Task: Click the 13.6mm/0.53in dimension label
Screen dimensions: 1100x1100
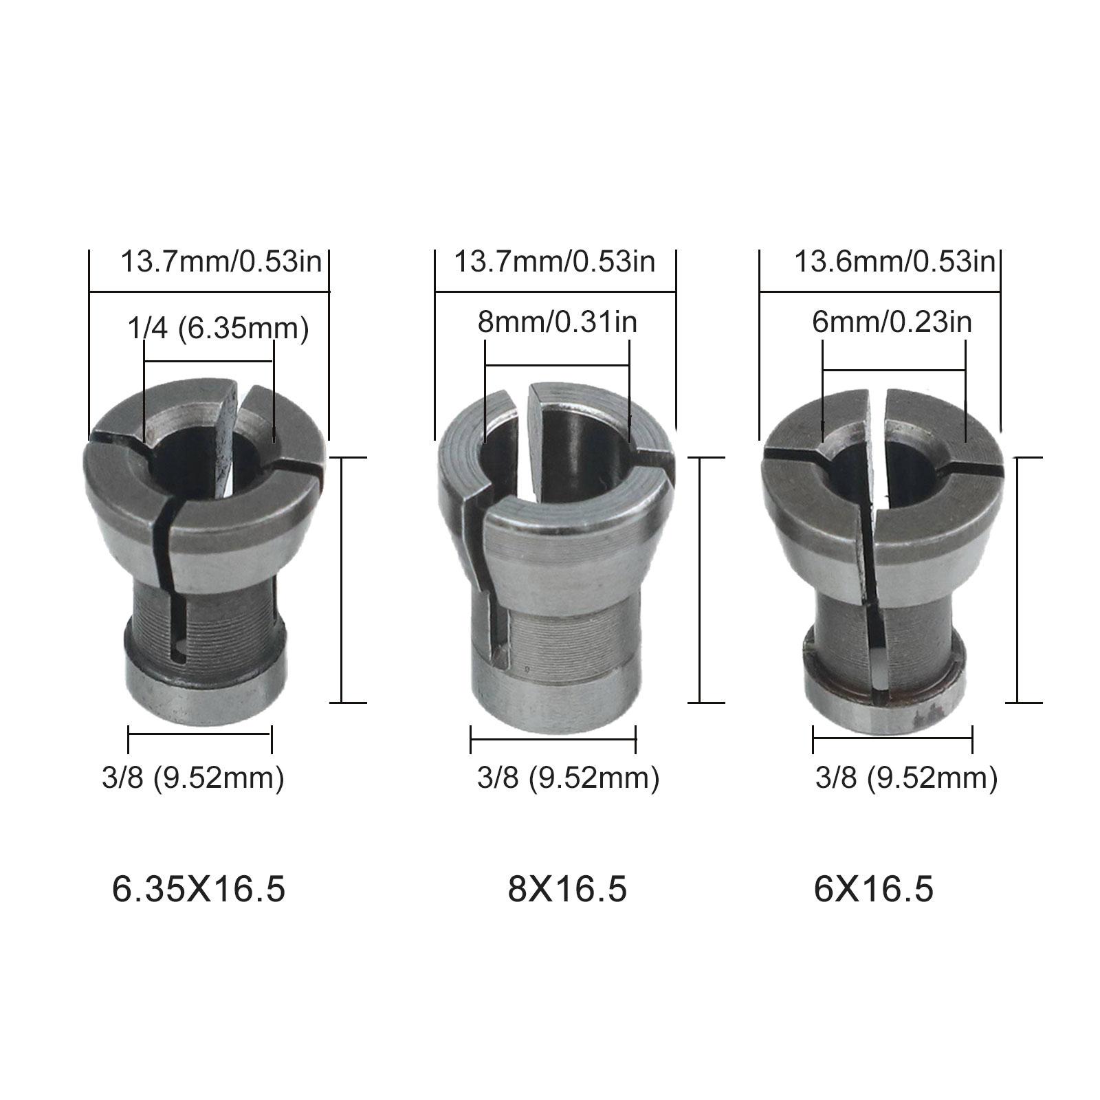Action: click(x=894, y=262)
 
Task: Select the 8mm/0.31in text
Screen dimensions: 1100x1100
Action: click(x=557, y=322)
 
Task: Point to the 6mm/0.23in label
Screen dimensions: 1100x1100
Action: click(x=892, y=322)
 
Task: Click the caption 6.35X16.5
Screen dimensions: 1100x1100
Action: click(x=199, y=889)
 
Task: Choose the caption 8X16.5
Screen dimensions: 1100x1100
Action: click(x=567, y=889)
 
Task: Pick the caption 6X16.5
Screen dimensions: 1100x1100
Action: click(x=874, y=889)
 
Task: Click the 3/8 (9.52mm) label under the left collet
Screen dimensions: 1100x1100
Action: click(x=192, y=778)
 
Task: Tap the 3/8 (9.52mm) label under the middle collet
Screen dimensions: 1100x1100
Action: click(x=568, y=778)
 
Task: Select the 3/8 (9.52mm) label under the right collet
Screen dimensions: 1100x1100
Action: click(x=906, y=778)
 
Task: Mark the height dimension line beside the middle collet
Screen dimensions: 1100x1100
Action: click(x=699, y=580)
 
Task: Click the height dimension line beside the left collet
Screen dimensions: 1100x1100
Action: click(x=342, y=580)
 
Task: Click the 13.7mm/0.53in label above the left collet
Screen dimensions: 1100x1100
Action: click(x=221, y=262)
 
